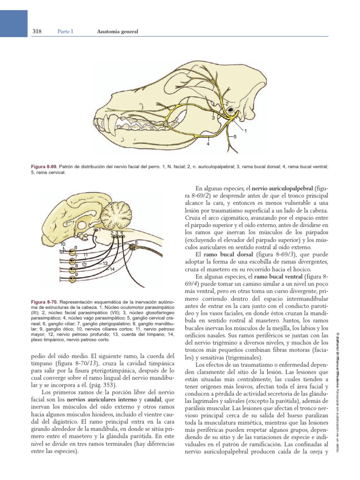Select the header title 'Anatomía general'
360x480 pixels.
point(117,32)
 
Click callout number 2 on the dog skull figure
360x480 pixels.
point(227,103)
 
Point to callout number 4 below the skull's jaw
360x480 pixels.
point(208,144)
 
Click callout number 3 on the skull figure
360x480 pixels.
point(213,119)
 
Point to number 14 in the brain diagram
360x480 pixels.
point(112,269)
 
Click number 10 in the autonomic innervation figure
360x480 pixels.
point(63,244)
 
